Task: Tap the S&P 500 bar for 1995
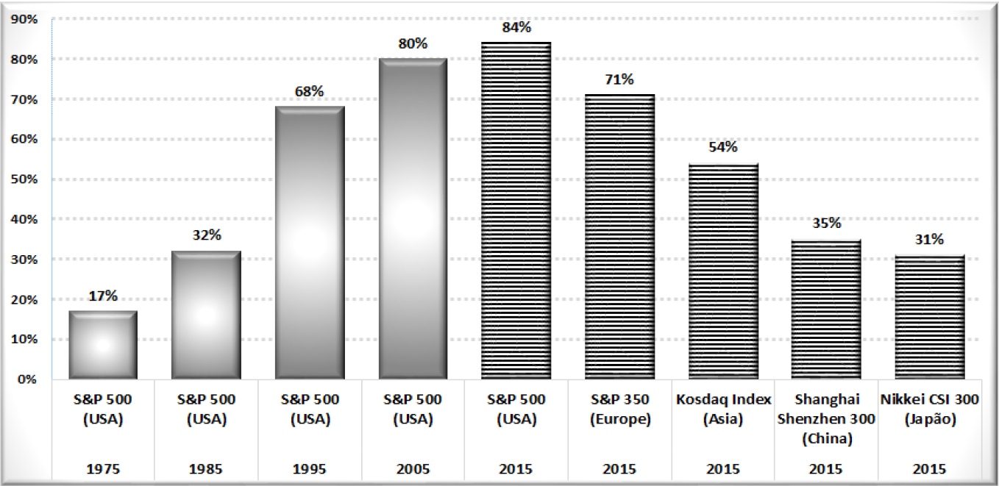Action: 310,243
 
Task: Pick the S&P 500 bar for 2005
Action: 413,218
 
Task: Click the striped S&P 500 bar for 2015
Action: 516,210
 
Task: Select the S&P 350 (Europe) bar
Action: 619,237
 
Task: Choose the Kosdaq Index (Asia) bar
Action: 722,271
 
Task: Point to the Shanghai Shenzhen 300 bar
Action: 826,309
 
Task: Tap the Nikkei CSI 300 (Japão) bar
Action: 929,317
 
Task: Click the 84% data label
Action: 516,28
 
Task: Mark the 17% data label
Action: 103,296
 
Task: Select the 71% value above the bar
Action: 619,80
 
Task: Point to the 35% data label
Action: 826,224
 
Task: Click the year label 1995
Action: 310,468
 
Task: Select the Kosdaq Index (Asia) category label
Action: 722,410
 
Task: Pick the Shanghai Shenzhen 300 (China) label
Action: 826,419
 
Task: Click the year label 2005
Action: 413,468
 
